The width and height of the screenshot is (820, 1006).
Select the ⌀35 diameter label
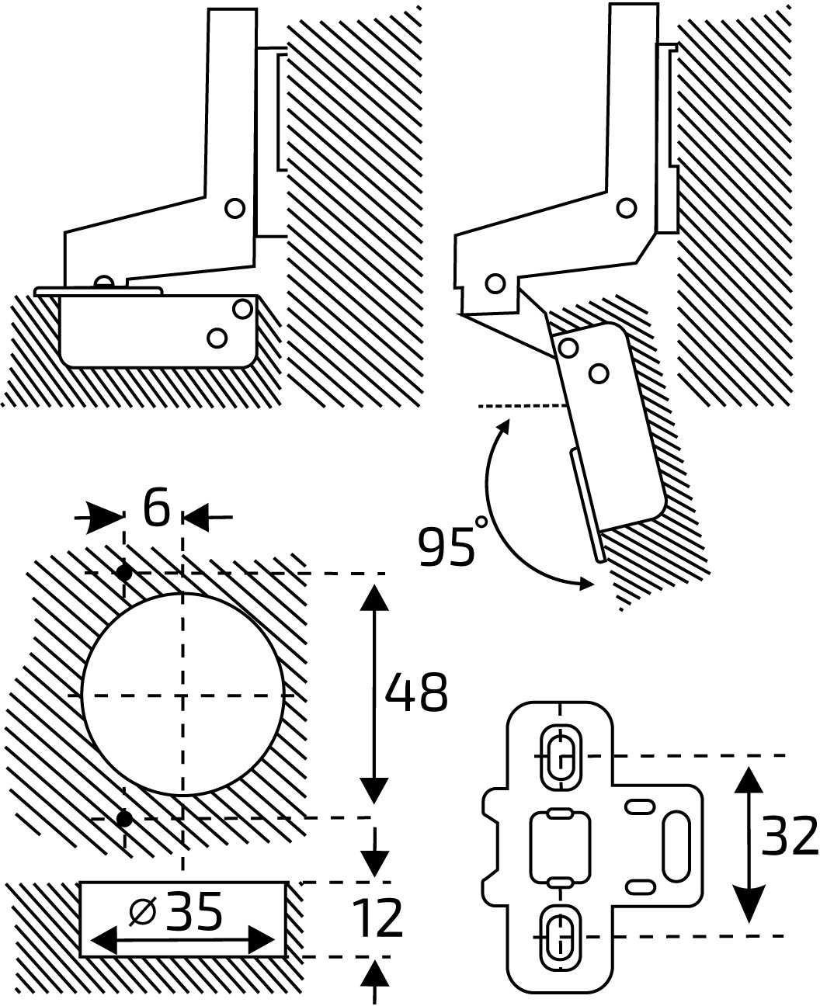tap(175, 912)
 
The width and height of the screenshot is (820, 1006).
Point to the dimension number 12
tap(377, 918)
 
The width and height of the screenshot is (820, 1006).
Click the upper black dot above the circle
tap(124, 572)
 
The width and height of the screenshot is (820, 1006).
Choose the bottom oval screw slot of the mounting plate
tap(560, 938)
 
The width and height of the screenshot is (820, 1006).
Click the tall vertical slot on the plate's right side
tap(677, 846)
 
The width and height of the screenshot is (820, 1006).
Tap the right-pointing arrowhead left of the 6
tap(105, 518)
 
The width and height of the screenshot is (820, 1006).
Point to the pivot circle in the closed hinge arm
tap(235, 208)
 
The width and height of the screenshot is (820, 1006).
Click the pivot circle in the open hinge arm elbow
tap(627, 208)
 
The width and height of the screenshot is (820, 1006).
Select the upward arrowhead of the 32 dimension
tap(750, 780)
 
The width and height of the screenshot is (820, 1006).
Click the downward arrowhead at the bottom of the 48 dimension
tap(374, 791)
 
